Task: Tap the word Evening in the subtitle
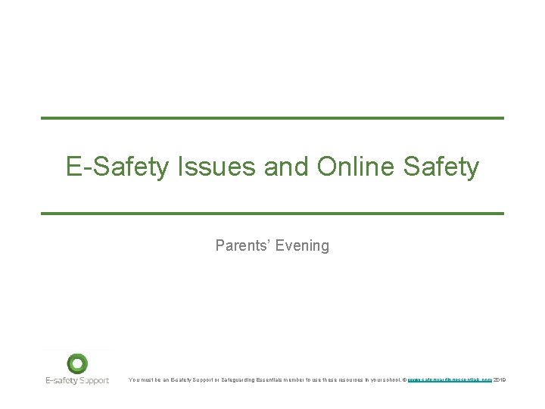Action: coord(303,245)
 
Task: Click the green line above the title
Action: coord(272,118)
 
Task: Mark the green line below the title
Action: coord(272,214)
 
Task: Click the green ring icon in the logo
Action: coord(77,364)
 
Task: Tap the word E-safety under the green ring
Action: coord(61,380)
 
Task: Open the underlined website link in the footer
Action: coord(450,379)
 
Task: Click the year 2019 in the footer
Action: coord(500,379)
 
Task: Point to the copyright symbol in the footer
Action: coord(405,379)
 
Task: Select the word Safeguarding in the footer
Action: coord(221,379)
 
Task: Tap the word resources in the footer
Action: coord(350,379)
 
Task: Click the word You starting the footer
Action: coord(134,379)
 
